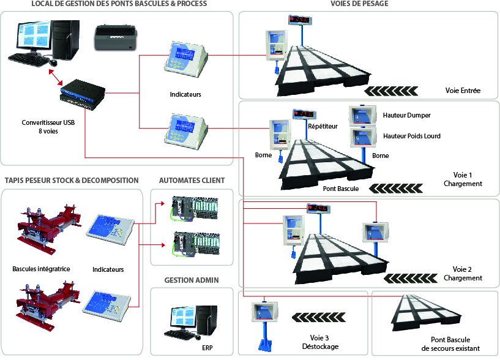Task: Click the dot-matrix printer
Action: point(117,38)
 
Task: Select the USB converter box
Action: point(83,91)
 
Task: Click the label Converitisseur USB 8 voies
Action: point(39,126)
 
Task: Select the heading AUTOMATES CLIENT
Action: point(192,181)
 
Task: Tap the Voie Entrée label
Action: point(463,91)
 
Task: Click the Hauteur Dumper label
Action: point(407,115)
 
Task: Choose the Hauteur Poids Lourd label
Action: point(411,136)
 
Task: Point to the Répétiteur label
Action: point(323,127)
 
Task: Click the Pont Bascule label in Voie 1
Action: point(341,189)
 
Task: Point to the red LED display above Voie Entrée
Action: point(299,20)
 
